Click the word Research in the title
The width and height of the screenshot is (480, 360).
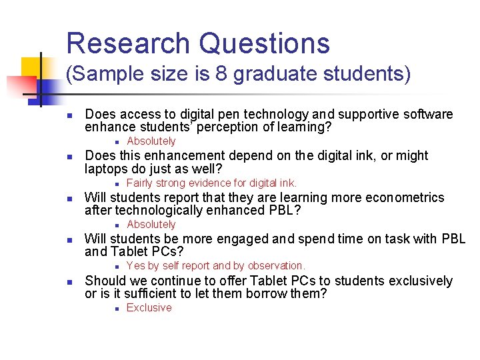tap(127, 43)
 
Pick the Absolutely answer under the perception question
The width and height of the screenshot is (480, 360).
tap(151, 141)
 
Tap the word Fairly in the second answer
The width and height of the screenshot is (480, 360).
tap(140, 183)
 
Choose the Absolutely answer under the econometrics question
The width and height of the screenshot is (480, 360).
tap(151, 225)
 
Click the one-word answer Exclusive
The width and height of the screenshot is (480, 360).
tap(149, 308)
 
